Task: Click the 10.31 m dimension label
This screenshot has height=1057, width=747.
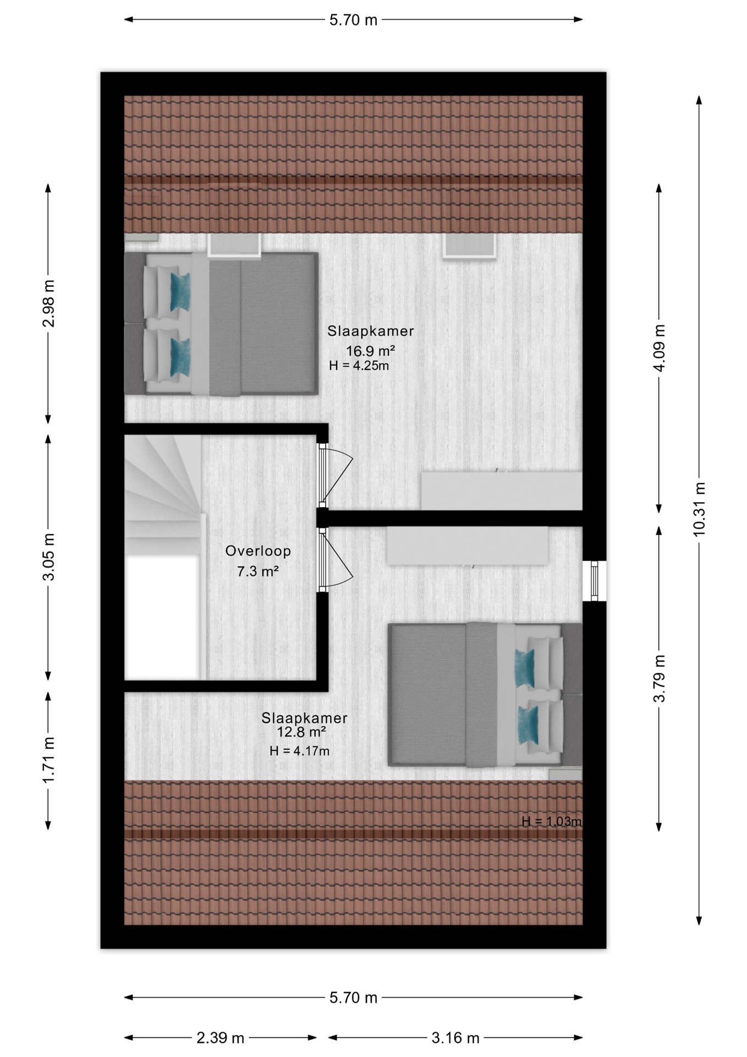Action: coord(699,509)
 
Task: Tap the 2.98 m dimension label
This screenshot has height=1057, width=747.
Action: coord(48,303)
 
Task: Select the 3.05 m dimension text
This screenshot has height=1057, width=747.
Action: coord(48,557)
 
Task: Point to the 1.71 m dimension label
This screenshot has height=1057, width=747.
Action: coord(48,760)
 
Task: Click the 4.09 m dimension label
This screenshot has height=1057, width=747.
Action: coord(659,348)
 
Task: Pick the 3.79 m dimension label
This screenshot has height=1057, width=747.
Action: coord(659,679)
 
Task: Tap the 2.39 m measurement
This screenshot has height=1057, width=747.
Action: coord(220,1038)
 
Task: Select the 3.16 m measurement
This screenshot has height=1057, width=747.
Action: coord(455,1038)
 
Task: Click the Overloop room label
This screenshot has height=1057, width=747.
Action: coord(258,551)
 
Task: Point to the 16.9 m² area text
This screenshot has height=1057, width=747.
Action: coord(371,351)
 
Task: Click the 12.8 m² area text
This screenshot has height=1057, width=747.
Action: coord(301,732)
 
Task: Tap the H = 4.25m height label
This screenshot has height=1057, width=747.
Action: coord(359,366)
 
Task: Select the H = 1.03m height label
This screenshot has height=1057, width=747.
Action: coord(551,821)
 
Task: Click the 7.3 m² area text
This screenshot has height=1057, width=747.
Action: coord(258,571)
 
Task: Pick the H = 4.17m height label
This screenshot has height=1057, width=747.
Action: coord(300,751)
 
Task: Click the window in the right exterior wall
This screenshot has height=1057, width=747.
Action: coord(595,581)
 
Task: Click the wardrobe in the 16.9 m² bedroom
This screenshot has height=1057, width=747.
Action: coord(501,490)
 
